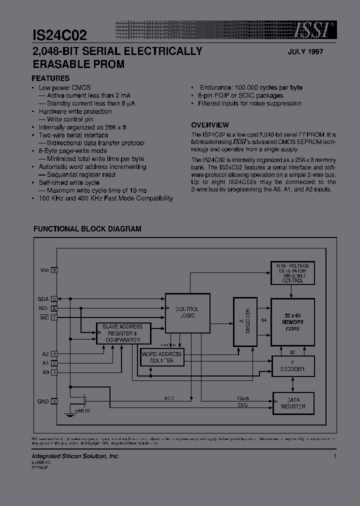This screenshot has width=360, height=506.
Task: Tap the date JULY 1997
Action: (x=305, y=52)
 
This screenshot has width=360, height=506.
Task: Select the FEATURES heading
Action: (x=50, y=78)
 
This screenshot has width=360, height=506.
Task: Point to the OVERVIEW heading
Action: (x=210, y=125)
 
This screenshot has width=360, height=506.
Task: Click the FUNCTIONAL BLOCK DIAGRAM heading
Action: (x=87, y=229)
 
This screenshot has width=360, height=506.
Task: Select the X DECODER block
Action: (x=245, y=322)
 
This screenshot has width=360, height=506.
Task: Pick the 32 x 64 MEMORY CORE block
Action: (x=292, y=322)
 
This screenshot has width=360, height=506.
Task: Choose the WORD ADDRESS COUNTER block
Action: (x=161, y=357)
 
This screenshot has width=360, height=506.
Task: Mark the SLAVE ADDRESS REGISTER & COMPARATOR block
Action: (x=122, y=333)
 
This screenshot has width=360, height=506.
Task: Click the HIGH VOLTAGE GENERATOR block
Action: (x=292, y=273)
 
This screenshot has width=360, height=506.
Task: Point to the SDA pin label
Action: (x=43, y=298)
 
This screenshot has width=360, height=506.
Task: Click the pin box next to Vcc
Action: (x=54, y=270)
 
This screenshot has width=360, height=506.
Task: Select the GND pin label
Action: (x=43, y=401)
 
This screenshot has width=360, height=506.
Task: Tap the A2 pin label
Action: (x=45, y=354)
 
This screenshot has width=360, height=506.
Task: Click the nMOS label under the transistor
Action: (x=82, y=410)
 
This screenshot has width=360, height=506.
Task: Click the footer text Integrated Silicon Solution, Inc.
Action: (x=75, y=456)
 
